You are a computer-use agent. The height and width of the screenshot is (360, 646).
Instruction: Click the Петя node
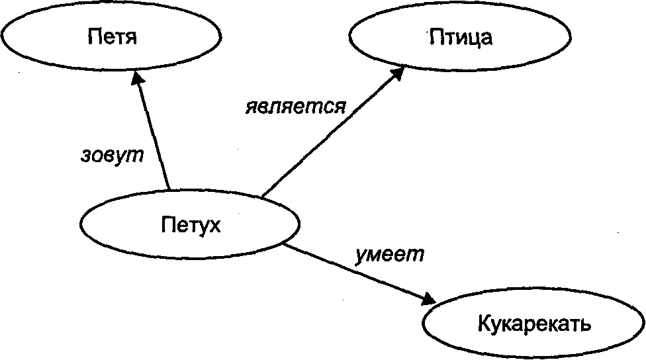(111, 36)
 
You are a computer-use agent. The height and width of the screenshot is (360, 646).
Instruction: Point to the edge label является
(295, 107)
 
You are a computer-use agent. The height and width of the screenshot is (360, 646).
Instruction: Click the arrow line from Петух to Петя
(154, 132)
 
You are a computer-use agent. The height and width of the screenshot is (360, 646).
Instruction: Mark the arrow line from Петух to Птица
(331, 132)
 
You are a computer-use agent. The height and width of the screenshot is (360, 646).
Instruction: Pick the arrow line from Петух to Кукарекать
(357, 273)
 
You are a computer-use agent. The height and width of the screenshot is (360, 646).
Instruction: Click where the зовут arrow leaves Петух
(169, 191)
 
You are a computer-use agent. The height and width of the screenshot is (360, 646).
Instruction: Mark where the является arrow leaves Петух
(262, 197)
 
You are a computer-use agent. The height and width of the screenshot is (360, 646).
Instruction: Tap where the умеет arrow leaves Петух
(286, 246)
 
